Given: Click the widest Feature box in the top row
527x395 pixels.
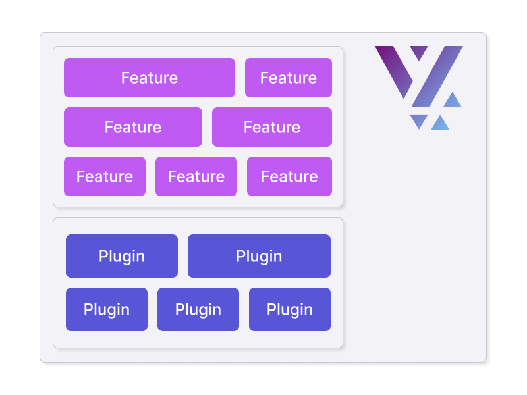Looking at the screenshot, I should pos(150,78).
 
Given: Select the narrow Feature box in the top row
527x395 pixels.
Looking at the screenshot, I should pos(289,78).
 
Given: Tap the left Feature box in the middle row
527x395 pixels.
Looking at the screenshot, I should pos(133,127).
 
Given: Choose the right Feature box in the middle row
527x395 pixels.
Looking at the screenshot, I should pos(272,127).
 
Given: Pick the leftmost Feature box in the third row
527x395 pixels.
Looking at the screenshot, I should pos(105,176).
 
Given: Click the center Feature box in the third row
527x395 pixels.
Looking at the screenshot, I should pos(196,176).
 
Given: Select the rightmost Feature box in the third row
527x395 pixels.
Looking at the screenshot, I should pos(289,176).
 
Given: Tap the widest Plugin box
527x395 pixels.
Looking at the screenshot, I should pos(259,256).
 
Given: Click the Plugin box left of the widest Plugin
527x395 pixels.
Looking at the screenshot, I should pos(122,256).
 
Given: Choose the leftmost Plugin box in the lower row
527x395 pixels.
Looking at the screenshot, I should pos(107,309).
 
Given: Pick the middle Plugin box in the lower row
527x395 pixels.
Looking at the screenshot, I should pos(198,309).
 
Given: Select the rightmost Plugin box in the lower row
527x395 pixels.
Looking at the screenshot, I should pos(290,309).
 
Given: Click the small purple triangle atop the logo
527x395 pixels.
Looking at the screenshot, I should pos(419,51).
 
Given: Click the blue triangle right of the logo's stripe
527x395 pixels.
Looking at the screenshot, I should pos(452,101).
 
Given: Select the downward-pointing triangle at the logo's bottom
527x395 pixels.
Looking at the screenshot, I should pos(418,120).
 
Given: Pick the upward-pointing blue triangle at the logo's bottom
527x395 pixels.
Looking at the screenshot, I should pos(440,124).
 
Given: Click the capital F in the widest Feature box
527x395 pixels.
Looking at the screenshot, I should pos(125,78).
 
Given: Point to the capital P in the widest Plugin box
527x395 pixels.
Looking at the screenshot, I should pos(240,256).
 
